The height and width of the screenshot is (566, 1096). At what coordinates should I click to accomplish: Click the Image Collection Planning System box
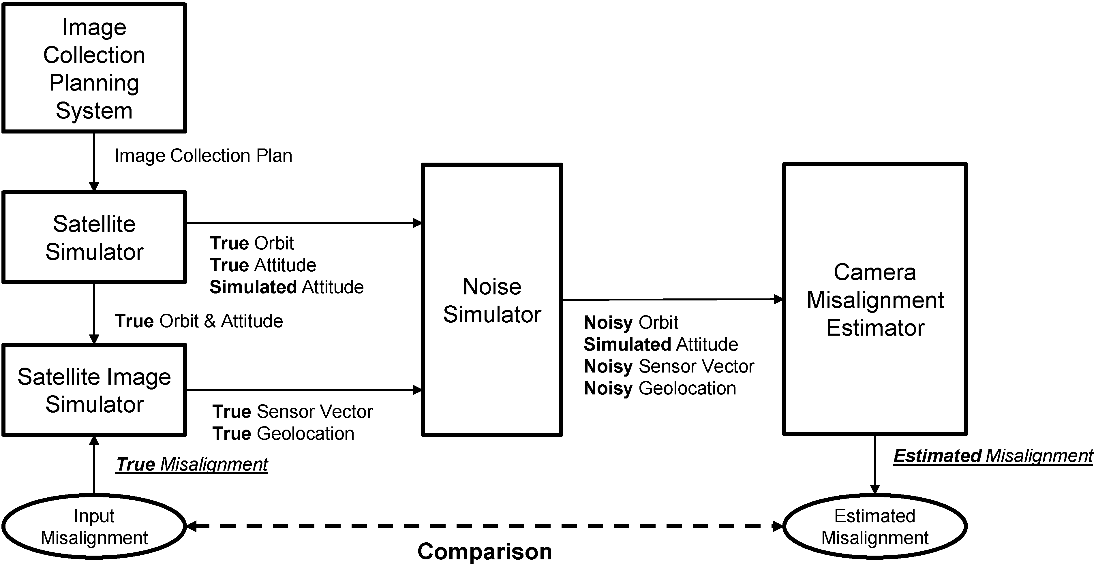[94, 68]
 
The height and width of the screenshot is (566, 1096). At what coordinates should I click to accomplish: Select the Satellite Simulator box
[94, 237]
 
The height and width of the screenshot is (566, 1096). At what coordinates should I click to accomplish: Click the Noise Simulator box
[492, 300]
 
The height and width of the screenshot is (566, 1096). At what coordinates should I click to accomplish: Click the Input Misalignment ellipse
[94, 526]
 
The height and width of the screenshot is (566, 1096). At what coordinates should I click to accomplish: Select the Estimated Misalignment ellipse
[875, 526]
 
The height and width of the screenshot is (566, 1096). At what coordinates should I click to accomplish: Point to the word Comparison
[485, 552]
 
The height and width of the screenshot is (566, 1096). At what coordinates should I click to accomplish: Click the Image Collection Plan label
[203, 156]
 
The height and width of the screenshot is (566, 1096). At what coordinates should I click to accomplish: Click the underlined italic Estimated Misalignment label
[993, 456]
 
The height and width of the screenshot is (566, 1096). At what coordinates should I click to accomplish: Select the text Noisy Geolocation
[660, 388]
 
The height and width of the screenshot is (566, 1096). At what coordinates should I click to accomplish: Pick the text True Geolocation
[283, 434]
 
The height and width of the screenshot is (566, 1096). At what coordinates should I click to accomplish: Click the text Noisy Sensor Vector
[669, 366]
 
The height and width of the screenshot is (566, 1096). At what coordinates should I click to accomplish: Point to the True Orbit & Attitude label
[199, 321]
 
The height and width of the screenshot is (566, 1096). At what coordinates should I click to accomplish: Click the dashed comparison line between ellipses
[485, 526]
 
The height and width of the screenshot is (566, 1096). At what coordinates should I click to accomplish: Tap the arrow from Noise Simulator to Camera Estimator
[672, 299]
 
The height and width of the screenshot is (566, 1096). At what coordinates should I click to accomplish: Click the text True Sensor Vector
[293, 412]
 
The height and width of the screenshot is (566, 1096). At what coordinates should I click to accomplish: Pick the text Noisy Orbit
[631, 322]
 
